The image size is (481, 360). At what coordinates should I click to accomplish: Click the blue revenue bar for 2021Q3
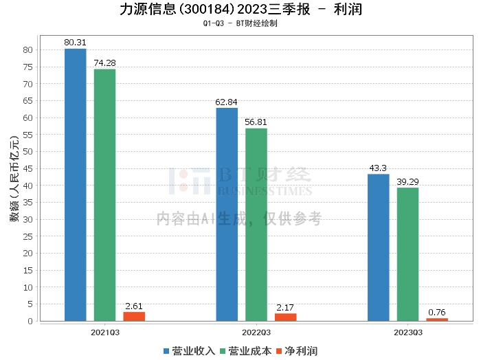pos(76,185)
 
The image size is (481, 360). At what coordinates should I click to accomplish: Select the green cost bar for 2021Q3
pos(105,195)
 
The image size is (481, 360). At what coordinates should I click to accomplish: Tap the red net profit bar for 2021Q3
pos(134,316)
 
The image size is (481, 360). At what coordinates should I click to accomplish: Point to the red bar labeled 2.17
pos(285,317)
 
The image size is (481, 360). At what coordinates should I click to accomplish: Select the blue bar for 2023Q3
pos(378,247)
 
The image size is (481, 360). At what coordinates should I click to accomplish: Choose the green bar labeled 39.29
pos(407,254)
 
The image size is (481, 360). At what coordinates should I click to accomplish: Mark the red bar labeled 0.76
pos(437,319)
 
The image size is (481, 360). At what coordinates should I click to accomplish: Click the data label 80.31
pos(76,43)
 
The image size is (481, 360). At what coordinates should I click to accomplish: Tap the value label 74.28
pos(105,63)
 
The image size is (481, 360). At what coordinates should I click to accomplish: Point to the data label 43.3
pos(378,168)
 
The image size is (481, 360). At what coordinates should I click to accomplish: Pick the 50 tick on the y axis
pos(27,151)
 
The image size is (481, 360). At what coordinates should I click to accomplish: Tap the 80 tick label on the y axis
pos(27,49)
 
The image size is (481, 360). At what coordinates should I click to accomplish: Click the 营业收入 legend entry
pos(189,351)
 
